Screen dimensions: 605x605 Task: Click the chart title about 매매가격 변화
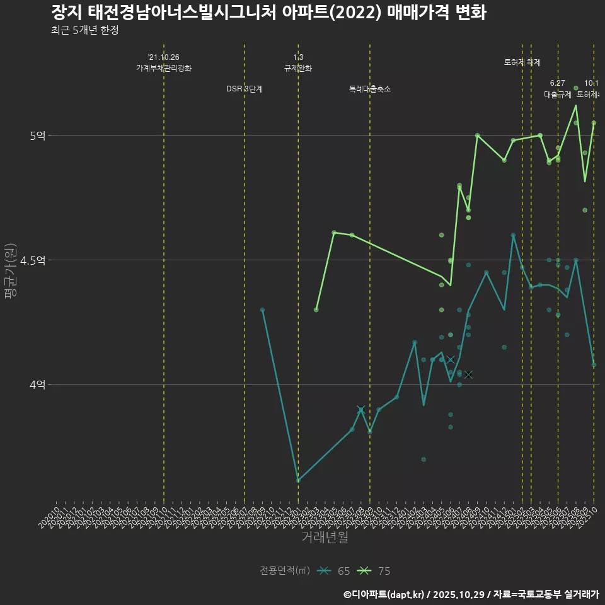pyautogui.click(x=268, y=13)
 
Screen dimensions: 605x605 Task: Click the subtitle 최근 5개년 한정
pyautogui.click(x=84, y=30)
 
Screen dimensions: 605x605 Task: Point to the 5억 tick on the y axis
pyautogui.click(x=37, y=135)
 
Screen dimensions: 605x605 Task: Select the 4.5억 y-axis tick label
pyautogui.click(x=33, y=260)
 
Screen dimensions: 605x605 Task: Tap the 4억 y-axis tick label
pyautogui.click(x=37, y=384)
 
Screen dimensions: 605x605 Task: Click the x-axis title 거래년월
pyautogui.click(x=325, y=538)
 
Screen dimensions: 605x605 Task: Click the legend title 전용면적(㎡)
pyautogui.click(x=284, y=571)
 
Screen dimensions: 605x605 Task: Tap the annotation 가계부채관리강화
pyautogui.click(x=164, y=68)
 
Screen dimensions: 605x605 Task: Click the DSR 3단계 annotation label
pyautogui.click(x=245, y=89)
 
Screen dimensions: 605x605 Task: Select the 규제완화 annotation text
pyautogui.click(x=298, y=68)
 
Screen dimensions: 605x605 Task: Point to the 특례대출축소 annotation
pyautogui.click(x=370, y=89)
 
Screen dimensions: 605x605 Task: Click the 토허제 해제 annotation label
pyautogui.click(x=522, y=62)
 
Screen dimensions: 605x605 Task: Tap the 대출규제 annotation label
pyautogui.click(x=558, y=95)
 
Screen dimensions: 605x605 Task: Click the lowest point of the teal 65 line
pyautogui.click(x=298, y=481)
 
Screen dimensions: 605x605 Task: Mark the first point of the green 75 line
pyautogui.click(x=316, y=310)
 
